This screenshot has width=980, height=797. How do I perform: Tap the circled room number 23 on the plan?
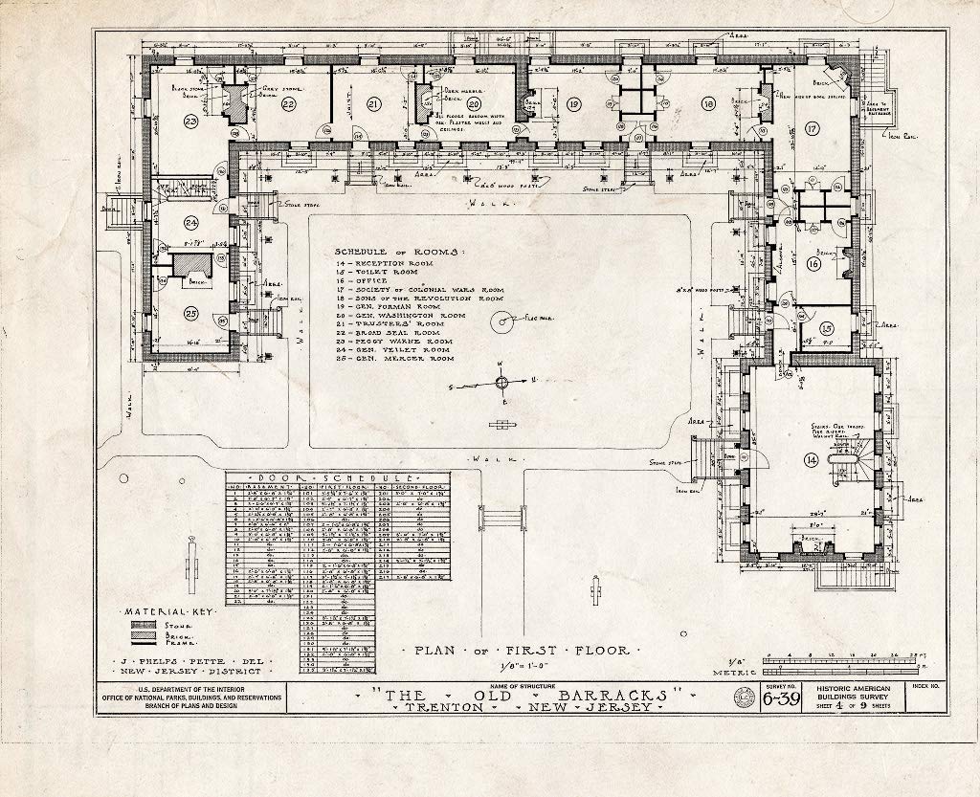[191, 121]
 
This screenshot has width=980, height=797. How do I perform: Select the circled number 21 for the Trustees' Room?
[373, 104]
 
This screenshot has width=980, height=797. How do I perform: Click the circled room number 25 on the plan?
[191, 313]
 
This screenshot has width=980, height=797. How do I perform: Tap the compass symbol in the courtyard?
[500, 384]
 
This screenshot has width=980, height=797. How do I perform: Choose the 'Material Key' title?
[167, 610]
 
